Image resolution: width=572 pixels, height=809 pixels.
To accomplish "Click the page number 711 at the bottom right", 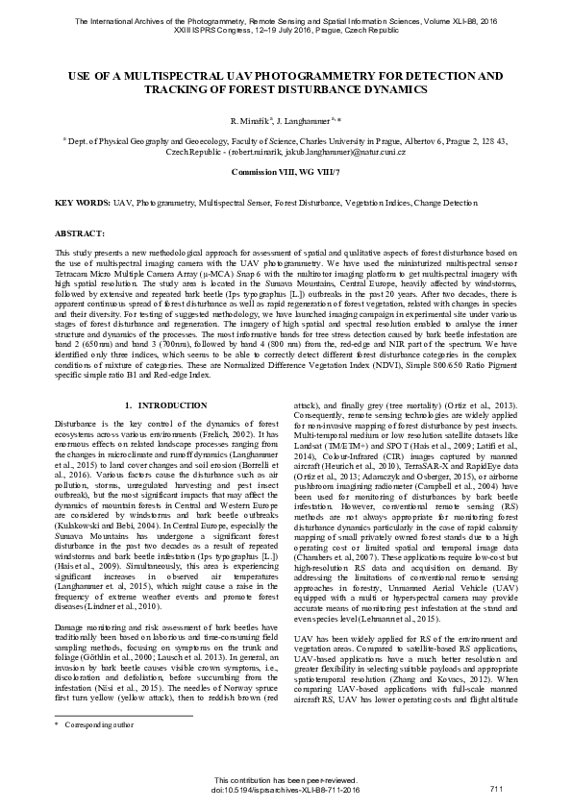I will click(x=496, y=789).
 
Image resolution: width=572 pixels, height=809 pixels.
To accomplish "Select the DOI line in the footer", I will click(x=285, y=789).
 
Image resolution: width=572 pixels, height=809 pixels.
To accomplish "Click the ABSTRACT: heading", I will click(x=80, y=233).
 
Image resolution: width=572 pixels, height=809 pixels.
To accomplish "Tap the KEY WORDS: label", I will click(x=82, y=205).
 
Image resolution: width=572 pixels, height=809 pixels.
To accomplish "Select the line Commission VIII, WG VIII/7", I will click(x=286, y=171).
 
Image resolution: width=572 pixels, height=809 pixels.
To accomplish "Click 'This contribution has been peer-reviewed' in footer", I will click(x=285, y=779).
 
